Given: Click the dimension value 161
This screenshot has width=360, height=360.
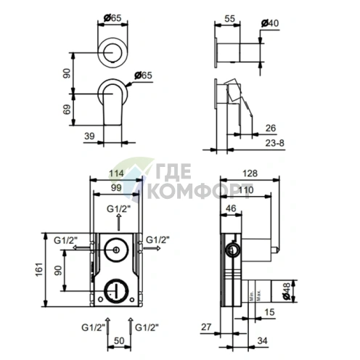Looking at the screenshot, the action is click(39, 269).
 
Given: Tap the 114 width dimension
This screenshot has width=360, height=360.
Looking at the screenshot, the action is click(116, 173).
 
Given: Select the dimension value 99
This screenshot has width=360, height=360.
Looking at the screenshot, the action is click(116, 187).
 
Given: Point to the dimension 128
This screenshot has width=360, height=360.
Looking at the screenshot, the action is click(250, 173).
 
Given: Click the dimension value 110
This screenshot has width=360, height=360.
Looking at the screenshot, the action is click(246, 190).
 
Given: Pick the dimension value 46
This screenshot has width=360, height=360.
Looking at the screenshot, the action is click(231, 208).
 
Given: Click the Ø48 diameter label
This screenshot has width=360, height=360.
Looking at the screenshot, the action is click(286, 291).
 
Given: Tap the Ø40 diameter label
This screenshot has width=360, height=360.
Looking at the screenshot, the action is click(270, 23).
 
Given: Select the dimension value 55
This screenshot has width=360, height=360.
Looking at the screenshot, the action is click(229, 19).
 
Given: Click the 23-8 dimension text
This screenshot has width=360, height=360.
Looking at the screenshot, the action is click(275, 143).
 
